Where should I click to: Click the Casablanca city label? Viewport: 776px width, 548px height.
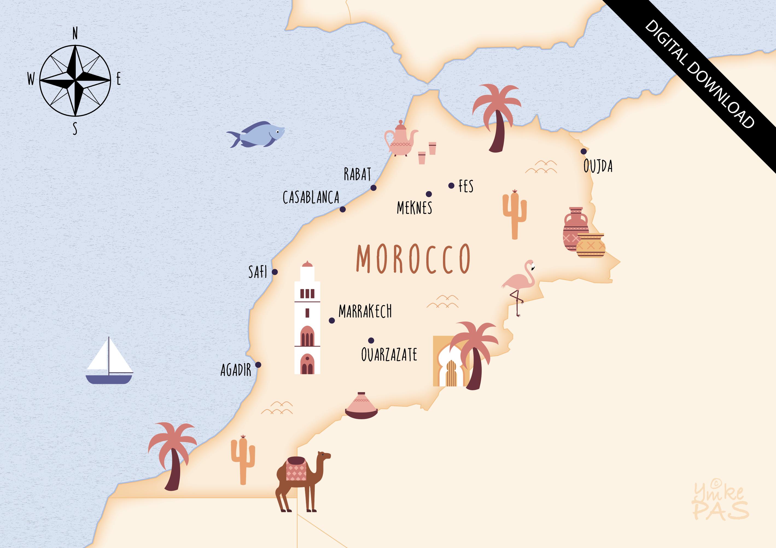tap(311, 197)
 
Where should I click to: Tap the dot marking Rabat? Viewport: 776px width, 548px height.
tap(373, 188)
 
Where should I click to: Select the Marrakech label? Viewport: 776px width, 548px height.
tap(365, 311)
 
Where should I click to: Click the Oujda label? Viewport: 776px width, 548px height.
tap(598, 166)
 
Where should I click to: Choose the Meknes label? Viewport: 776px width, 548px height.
tap(414, 208)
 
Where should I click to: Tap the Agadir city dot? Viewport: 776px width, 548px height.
tap(258, 365)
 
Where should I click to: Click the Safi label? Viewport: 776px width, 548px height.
tap(258, 272)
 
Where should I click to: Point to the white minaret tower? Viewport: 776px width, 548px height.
tap(307, 319)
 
